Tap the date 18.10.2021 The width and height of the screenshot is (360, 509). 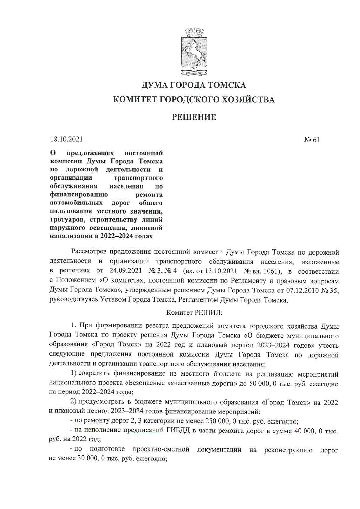pos(66,139)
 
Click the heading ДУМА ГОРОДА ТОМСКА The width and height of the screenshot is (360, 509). pos(194,85)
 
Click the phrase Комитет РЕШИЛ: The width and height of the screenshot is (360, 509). pos(194,313)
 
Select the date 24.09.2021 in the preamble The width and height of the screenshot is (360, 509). pos(125,271)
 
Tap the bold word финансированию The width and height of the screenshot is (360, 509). pos(79,194)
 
